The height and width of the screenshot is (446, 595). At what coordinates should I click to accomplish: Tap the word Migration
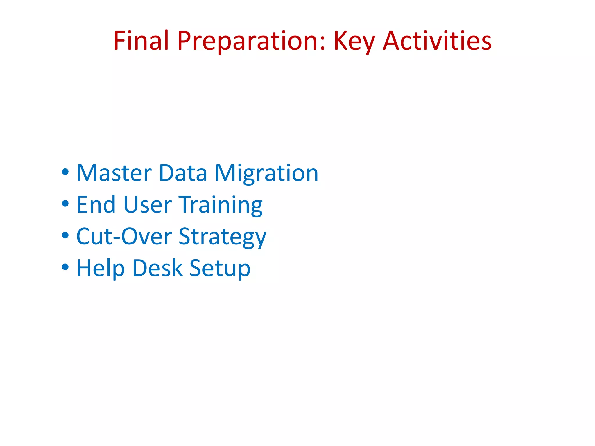pos(266,174)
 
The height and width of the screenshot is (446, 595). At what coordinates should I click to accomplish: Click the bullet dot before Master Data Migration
pos(65,172)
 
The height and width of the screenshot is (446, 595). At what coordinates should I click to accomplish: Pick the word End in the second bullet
pos(96,205)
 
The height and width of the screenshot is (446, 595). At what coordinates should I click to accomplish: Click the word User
pos(148,205)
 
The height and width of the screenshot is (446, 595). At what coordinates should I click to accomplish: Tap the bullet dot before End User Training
pos(65,204)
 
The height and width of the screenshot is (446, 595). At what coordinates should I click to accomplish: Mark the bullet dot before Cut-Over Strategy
pos(65,235)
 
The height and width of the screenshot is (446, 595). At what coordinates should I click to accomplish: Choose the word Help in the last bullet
pos(101,268)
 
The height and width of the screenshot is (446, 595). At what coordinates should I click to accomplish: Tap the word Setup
pos(220,268)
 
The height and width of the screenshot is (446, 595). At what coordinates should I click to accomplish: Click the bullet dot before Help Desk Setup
pos(65,267)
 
